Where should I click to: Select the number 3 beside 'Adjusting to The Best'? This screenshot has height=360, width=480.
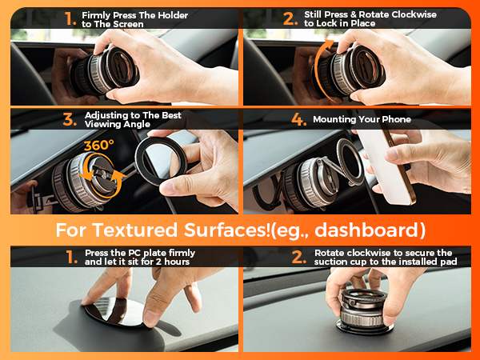(x=70, y=120)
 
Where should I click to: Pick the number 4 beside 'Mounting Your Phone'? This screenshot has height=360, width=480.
(x=298, y=120)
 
